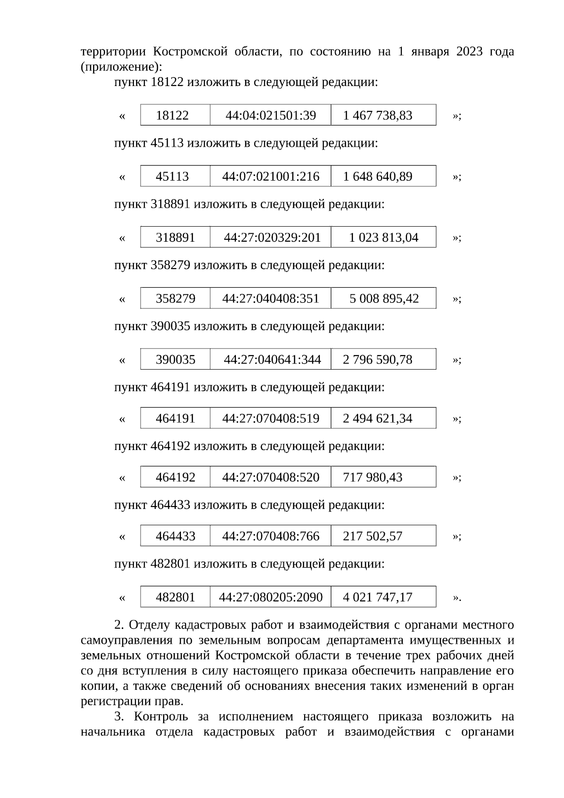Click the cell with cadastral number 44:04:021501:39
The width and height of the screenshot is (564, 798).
point(271,115)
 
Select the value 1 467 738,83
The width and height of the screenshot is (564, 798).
point(377,115)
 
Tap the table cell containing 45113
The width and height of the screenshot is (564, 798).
point(172,176)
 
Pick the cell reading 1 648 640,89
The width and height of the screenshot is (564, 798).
point(377,176)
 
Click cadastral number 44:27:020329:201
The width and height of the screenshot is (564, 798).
point(272,237)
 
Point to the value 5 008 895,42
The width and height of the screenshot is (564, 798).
point(384,299)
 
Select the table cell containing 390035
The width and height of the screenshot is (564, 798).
point(175,360)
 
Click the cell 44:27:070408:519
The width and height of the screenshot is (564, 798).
point(271,419)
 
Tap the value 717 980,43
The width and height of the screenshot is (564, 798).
point(373,477)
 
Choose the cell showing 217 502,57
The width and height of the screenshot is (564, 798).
point(373,536)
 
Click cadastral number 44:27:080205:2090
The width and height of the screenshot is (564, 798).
point(271,597)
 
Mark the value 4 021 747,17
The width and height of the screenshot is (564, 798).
point(377,597)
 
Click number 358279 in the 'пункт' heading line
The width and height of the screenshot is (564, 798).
point(170,265)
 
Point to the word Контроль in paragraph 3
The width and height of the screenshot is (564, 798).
point(161,717)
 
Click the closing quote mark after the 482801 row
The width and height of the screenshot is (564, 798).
point(456,598)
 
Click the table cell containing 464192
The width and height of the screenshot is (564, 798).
point(175,477)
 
